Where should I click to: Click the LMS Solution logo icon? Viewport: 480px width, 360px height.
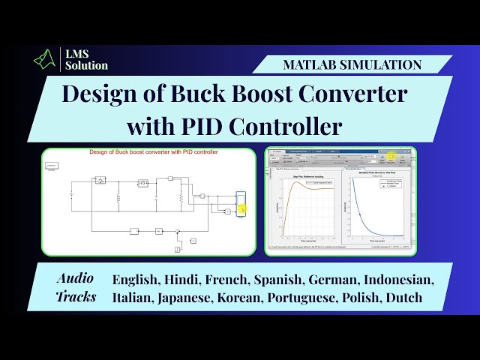(46, 59)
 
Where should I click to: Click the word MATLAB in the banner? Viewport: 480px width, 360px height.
(314, 64)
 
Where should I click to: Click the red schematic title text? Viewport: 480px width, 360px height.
(153, 152)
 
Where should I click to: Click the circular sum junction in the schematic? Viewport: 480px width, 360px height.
(177, 232)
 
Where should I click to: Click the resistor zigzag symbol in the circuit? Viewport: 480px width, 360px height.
(180, 198)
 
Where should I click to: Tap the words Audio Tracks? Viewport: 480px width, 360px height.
(76, 286)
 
